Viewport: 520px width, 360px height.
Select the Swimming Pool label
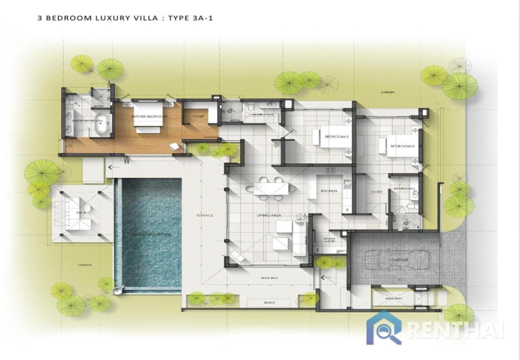pyautogui.click(x=152, y=235)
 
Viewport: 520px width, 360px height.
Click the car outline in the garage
pyautogui.click(x=396, y=260)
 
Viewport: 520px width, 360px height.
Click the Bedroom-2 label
pyautogui.click(x=336, y=137)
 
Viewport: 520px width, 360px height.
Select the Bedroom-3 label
pyautogui.click(x=403, y=146)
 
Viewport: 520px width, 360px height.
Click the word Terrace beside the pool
pyautogui.click(x=205, y=215)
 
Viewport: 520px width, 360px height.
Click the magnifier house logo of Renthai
pyautogui.click(x=383, y=327)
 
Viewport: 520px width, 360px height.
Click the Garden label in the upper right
pyautogui.click(x=387, y=92)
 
